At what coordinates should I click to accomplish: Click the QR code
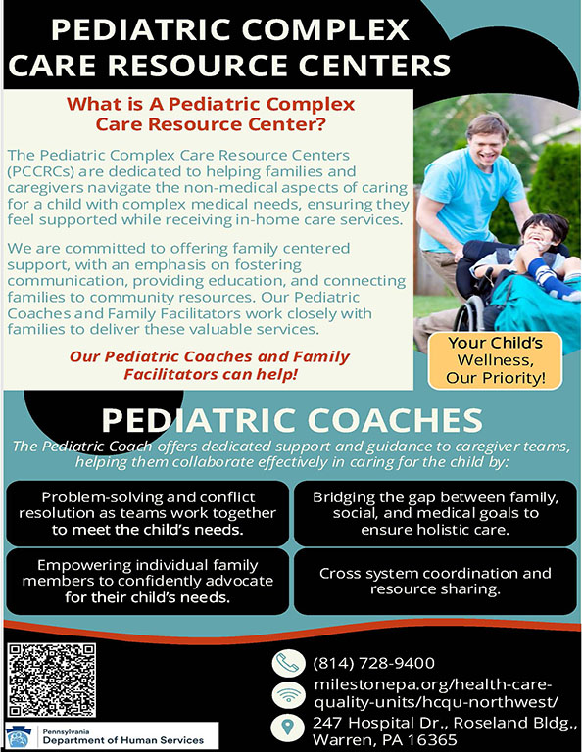coord(51,681)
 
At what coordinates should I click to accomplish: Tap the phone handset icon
coord(288,663)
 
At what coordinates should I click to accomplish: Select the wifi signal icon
coord(288,695)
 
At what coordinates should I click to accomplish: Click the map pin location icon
coord(288,728)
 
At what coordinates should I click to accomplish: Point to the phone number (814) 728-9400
coord(373,663)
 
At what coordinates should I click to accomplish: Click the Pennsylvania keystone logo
coord(20,736)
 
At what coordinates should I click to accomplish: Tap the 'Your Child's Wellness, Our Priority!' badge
coord(495,360)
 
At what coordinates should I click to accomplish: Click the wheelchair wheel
coord(466,314)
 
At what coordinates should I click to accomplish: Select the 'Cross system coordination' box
coord(435,582)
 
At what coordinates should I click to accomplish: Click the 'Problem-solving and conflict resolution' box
coord(147,513)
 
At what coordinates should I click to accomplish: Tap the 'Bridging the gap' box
coord(435,513)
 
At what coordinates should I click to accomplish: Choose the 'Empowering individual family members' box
coord(147,582)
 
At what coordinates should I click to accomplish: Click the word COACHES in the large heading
coord(395,420)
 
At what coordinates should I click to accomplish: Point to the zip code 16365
coord(430,739)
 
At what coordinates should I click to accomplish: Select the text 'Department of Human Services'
coord(123,740)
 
